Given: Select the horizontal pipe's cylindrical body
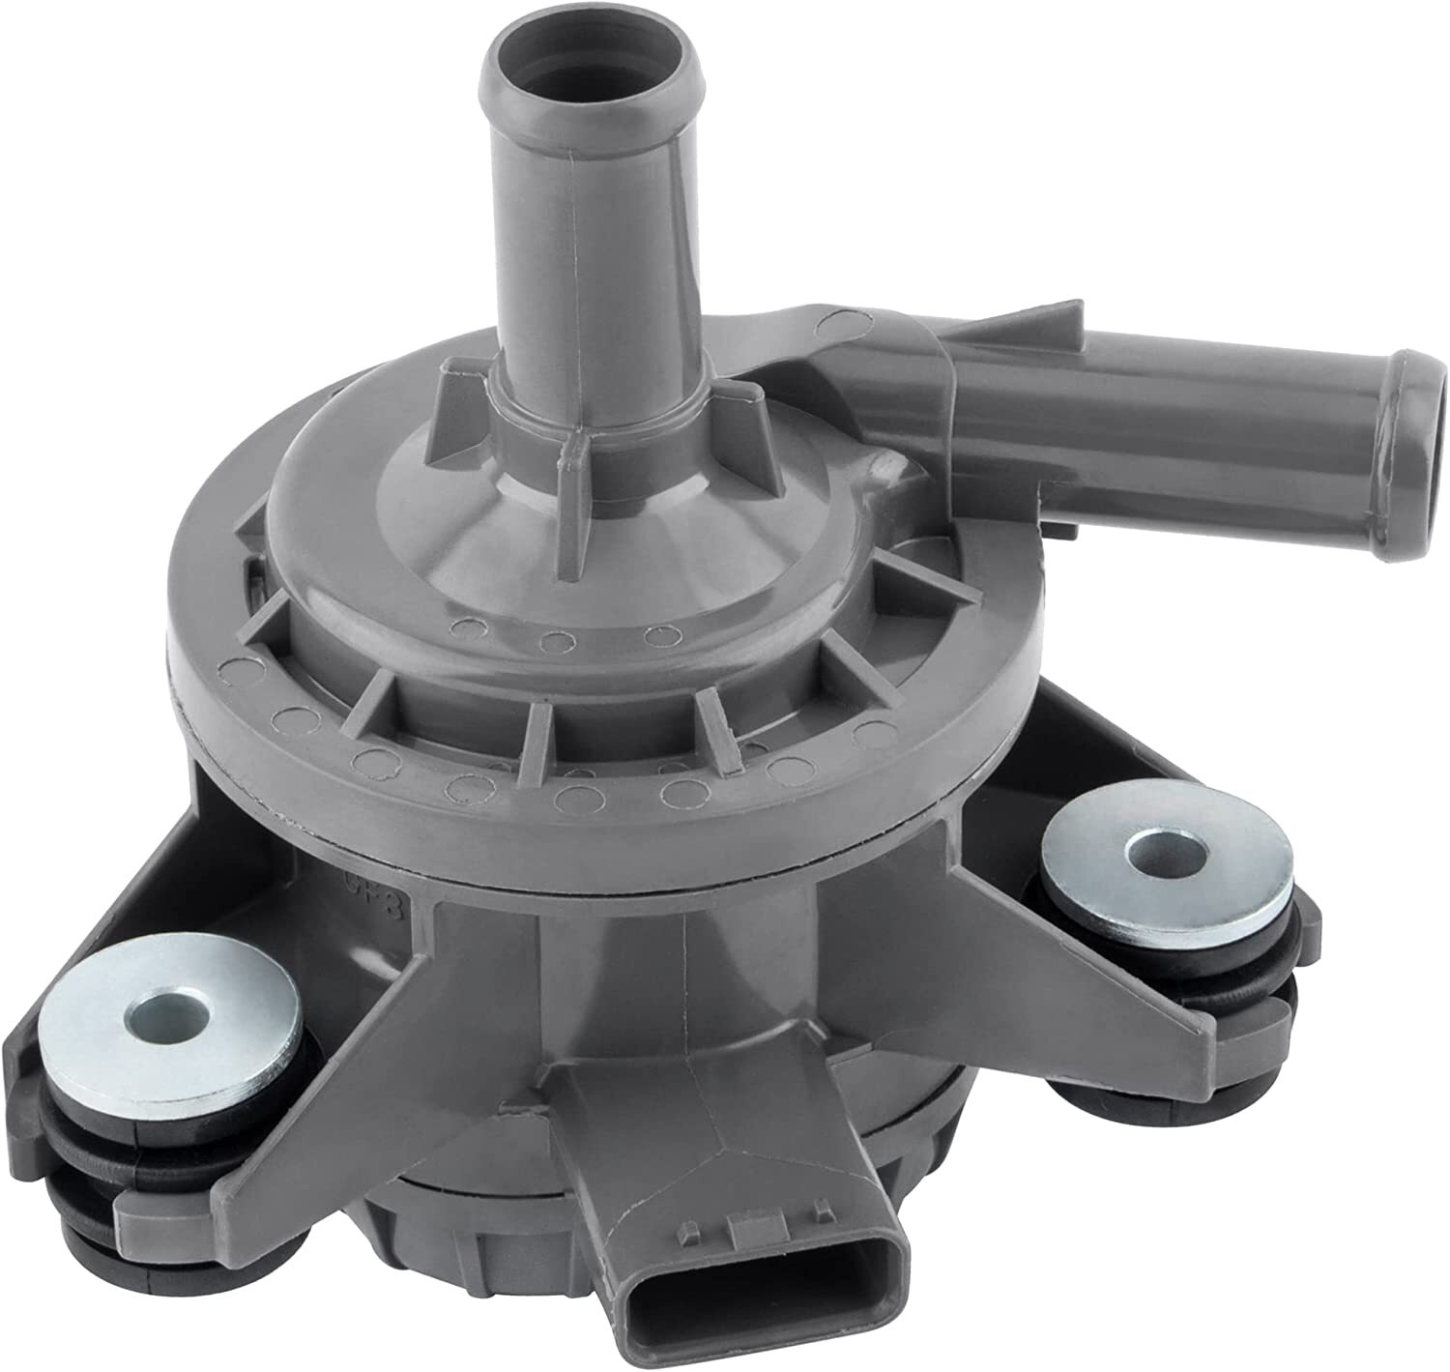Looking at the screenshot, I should (x=1160, y=440).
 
